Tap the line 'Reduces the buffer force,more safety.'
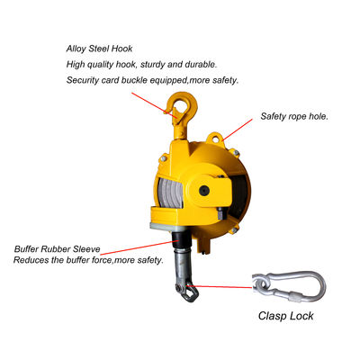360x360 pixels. [x=88, y=260]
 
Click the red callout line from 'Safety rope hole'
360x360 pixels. [x=238, y=130]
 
